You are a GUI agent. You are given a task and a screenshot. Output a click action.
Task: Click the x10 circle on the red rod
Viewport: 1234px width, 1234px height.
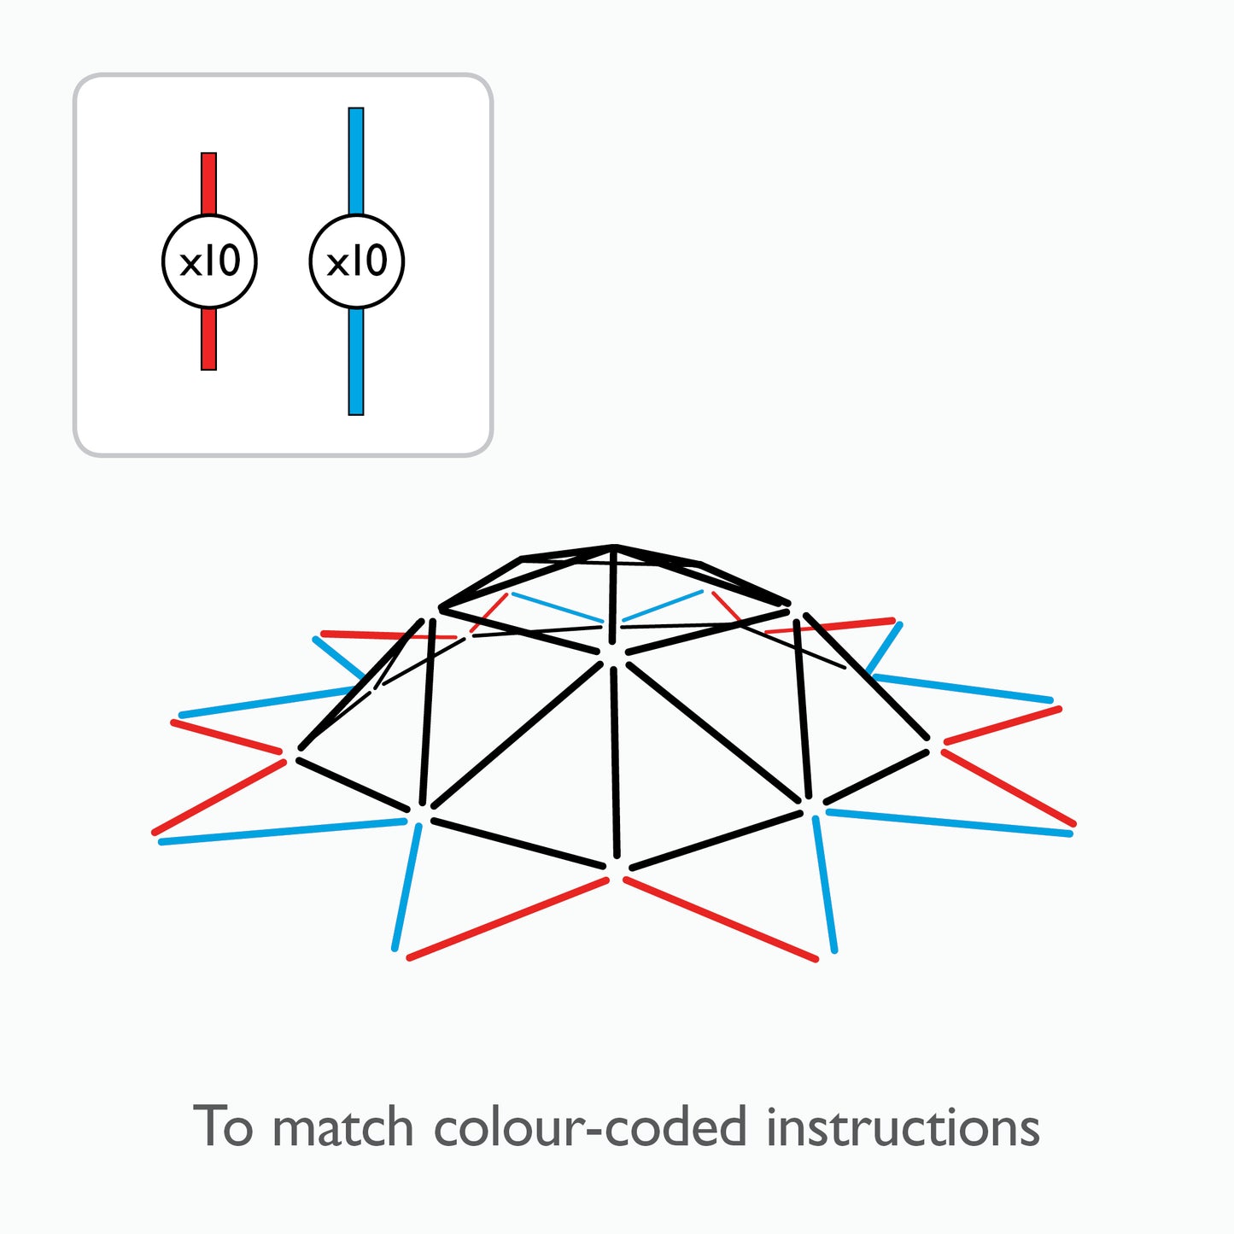pos(209,261)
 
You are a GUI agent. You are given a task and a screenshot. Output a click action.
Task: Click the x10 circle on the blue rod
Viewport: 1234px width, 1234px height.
pos(356,261)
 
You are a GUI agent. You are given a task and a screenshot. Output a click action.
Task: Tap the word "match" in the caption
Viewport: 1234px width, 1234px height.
pos(342,1127)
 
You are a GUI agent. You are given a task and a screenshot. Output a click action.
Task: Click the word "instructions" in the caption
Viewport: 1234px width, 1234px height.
pos(902,1127)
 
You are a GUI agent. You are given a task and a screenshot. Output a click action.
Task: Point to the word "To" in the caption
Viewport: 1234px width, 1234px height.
pos(224,1127)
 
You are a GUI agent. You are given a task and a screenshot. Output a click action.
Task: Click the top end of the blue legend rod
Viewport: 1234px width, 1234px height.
pos(356,111)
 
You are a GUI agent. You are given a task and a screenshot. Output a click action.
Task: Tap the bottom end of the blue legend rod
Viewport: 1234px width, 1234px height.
pos(356,412)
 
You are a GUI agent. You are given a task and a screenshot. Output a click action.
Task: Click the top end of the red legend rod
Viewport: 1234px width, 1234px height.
pos(209,156)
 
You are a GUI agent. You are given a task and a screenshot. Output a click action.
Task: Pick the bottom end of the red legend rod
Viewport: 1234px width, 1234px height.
pos(209,367)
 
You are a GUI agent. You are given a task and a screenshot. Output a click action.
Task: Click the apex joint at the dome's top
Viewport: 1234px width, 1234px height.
pos(614,547)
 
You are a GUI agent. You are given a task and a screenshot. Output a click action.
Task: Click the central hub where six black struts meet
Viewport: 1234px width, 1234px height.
pos(613,657)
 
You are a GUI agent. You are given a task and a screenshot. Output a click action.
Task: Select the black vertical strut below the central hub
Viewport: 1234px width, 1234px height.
pos(615,760)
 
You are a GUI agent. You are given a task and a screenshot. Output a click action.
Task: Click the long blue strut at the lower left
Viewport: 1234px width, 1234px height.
pos(282,832)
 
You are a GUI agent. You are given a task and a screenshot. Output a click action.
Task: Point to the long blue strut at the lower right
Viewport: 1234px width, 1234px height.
pos(948,822)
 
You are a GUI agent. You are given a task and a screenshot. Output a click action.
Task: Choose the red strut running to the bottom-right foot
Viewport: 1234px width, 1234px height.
pos(722,919)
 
